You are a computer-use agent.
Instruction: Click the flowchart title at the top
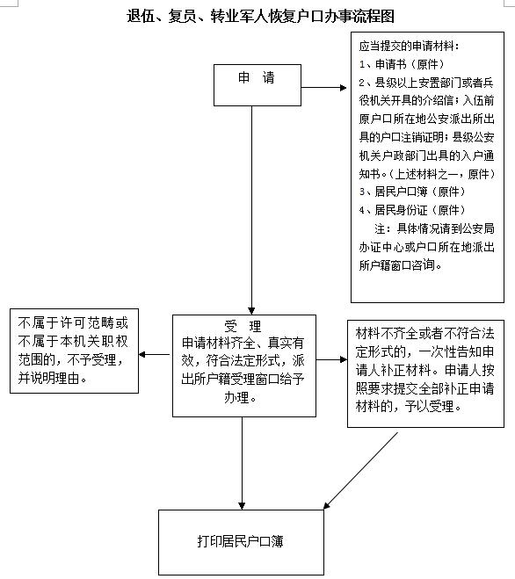click(x=260, y=16)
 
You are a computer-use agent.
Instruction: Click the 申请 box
click(x=257, y=85)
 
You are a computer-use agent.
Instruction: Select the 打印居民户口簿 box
click(x=242, y=542)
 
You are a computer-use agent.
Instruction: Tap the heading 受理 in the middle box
click(x=243, y=327)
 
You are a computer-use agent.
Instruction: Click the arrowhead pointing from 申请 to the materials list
click(x=344, y=88)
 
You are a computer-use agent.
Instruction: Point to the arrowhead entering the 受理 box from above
click(x=251, y=310)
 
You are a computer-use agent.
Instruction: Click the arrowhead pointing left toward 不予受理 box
click(x=142, y=355)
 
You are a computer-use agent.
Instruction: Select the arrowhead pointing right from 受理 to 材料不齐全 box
click(x=344, y=359)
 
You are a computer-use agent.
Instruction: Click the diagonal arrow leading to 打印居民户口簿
click(x=361, y=471)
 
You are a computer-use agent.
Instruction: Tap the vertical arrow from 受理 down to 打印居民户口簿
click(x=242, y=463)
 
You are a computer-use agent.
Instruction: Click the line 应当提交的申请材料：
click(x=410, y=47)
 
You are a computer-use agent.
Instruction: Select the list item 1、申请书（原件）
click(x=402, y=64)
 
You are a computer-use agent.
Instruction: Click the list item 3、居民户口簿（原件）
click(x=411, y=192)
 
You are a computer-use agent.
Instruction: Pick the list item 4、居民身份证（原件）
click(x=411, y=210)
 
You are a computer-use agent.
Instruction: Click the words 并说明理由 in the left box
click(x=48, y=378)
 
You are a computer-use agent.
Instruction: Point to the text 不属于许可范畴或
click(x=73, y=323)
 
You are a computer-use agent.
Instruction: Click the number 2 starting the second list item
click(x=362, y=83)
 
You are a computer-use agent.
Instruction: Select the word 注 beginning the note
click(x=381, y=228)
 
